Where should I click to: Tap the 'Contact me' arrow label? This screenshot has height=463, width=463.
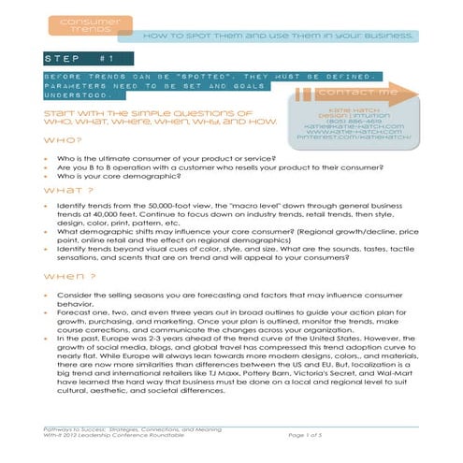click(357, 93)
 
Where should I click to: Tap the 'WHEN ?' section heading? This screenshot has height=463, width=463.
click(62, 280)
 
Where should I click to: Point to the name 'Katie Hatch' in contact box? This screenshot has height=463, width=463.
click(354, 106)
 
